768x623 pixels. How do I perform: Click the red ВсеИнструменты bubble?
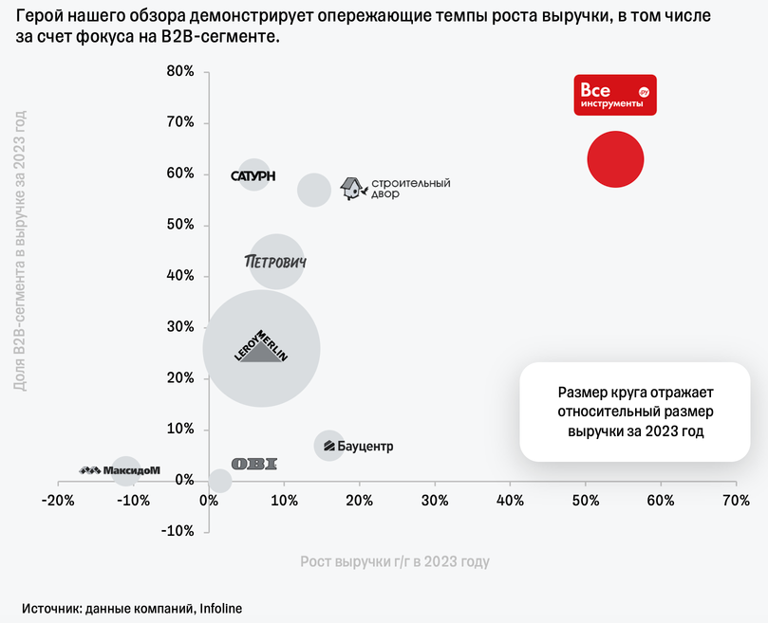click(616, 159)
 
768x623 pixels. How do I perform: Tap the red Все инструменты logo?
click(615, 95)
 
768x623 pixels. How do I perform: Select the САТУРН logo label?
click(253, 175)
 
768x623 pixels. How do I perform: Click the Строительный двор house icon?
click(353, 188)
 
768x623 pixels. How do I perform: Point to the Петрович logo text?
click(276, 261)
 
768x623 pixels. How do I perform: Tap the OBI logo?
click(254, 464)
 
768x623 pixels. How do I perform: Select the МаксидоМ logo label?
click(120, 469)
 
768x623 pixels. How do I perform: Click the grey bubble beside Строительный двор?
click(314, 190)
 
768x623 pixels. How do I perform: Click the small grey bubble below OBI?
click(219, 481)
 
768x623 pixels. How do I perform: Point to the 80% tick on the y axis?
click(180, 71)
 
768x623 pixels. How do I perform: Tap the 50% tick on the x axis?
click(586, 499)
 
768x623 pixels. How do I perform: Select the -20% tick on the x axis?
click(59, 499)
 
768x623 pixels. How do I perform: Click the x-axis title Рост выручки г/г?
click(395, 562)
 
